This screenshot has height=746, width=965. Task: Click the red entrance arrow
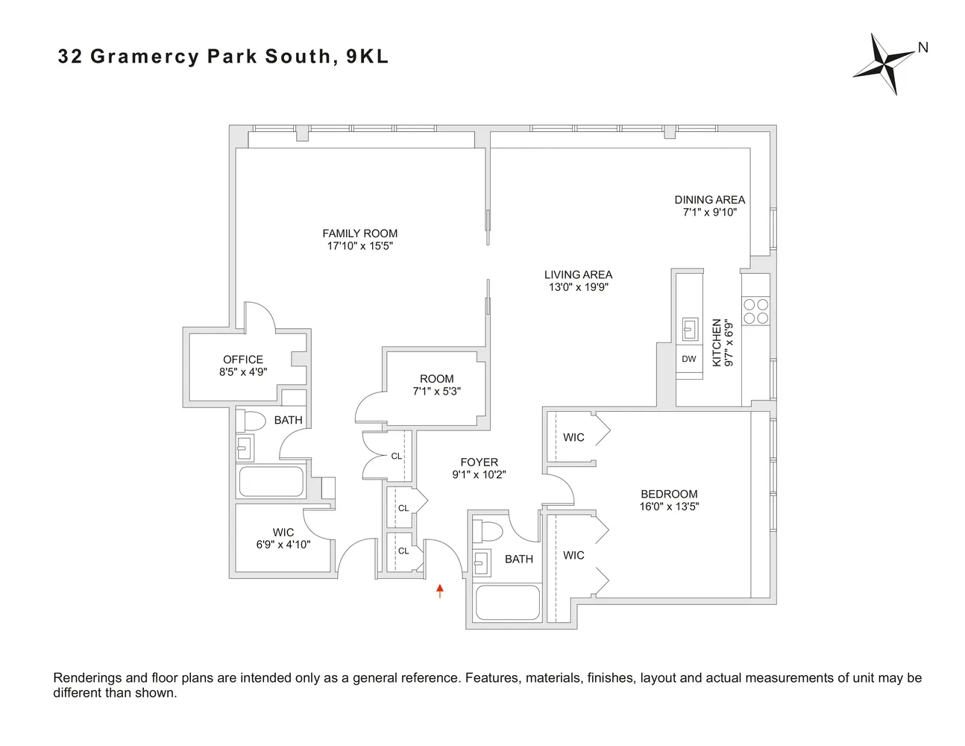(440, 591)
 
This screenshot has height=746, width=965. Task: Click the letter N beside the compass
(923, 48)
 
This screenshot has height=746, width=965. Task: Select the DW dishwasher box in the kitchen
(689, 359)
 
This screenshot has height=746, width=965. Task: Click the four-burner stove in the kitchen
(755, 311)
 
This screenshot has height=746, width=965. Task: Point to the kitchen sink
(690, 328)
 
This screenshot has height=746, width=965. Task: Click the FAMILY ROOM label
(359, 233)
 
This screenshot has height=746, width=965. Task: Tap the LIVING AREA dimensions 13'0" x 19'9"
(578, 287)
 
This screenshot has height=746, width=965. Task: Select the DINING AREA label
(709, 200)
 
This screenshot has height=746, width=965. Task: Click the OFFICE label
(243, 360)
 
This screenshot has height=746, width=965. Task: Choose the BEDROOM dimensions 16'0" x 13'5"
(669, 507)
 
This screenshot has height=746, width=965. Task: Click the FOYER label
(479, 463)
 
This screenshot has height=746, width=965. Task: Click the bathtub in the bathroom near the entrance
(507, 602)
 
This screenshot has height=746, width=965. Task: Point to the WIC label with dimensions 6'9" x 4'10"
(283, 533)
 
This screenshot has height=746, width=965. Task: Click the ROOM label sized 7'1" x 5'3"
(436, 379)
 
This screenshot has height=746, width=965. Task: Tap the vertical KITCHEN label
(717, 342)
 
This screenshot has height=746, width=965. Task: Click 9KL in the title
(367, 57)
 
